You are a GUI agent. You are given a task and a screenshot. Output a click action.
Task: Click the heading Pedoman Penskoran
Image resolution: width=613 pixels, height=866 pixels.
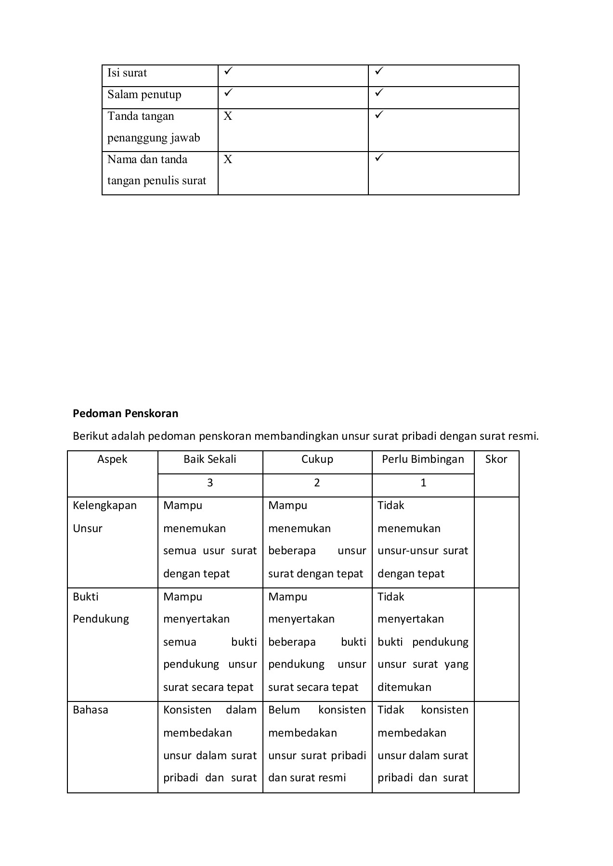(x=125, y=413)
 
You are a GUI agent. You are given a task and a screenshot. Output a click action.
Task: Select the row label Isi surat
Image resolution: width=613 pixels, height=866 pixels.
(x=127, y=73)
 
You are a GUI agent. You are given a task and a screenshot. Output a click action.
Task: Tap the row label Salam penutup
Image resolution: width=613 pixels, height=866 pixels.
(x=144, y=94)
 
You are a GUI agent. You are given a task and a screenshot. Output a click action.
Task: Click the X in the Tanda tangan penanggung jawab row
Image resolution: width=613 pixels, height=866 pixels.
(x=228, y=116)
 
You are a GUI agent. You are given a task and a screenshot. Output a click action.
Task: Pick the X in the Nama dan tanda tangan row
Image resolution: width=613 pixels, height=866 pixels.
(x=228, y=159)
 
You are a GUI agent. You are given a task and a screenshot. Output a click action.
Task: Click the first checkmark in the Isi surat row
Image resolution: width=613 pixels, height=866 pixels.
(x=228, y=71)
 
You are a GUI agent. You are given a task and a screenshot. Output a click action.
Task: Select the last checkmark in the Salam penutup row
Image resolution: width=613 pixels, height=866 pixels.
(x=379, y=92)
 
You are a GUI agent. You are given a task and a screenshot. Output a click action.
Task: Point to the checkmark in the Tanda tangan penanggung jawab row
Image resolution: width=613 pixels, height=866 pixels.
(x=379, y=115)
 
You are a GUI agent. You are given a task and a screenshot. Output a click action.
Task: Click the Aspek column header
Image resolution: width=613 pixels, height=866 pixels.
(x=112, y=459)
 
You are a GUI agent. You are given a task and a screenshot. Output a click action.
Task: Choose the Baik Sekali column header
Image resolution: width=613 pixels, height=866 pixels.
(x=210, y=459)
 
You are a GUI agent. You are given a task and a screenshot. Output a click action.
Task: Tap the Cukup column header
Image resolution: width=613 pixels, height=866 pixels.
(x=317, y=459)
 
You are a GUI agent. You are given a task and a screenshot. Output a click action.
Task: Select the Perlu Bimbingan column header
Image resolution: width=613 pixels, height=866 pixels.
(x=423, y=459)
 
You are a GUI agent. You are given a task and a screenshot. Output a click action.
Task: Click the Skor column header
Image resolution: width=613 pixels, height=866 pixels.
(x=496, y=459)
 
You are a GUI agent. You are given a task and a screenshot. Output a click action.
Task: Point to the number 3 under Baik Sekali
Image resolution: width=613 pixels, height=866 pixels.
(x=210, y=483)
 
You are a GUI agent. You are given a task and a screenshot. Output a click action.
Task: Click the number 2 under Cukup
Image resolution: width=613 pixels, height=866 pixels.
(x=317, y=483)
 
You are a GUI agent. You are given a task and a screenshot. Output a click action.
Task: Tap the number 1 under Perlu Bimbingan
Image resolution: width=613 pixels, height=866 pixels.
(x=423, y=483)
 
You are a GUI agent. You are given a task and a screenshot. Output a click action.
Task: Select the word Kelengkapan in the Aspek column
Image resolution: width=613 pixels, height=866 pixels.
(x=104, y=506)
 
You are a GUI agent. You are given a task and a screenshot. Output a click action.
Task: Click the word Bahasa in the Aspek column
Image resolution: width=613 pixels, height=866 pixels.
(x=91, y=710)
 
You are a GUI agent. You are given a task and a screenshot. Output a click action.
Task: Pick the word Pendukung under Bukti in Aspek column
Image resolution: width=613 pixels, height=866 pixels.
(x=101, y=619)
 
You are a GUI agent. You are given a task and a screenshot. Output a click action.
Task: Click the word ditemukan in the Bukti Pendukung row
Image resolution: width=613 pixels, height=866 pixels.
(x=404, y=687)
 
